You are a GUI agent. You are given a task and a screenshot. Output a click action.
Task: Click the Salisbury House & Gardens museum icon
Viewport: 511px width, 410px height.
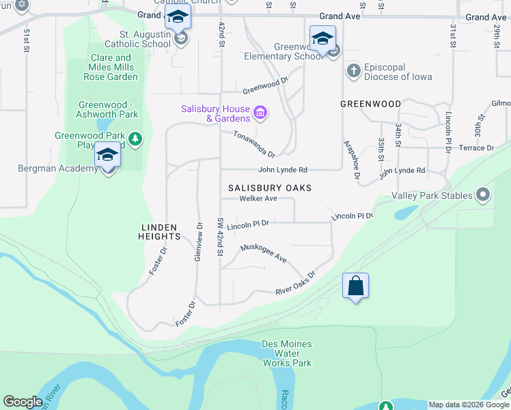[260, 111]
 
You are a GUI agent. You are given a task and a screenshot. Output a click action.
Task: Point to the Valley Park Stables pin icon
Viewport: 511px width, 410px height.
[484, 195]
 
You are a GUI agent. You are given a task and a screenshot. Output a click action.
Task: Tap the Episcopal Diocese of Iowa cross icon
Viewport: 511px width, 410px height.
[353, 70]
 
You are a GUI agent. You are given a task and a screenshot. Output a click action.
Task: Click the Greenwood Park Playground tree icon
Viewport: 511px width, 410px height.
[135, 139]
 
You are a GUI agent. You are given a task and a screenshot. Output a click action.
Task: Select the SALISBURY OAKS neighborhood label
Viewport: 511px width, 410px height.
[269, 187]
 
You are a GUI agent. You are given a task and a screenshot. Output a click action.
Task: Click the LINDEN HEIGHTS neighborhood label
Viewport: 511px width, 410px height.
[161, 232]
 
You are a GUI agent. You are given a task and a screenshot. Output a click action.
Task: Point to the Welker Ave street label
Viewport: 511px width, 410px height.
[258, 199]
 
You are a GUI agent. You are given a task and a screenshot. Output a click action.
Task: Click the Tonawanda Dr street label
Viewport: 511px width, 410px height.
[253, 144]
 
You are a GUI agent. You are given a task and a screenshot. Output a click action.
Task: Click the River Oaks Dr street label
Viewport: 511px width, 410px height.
[295, 284]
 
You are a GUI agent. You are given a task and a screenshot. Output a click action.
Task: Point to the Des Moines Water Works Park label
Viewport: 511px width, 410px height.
[288, 353]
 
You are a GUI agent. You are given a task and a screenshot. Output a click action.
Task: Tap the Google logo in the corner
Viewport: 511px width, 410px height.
[23, 402]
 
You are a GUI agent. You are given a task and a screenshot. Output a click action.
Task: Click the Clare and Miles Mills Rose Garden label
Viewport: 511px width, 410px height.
[113, 67]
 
